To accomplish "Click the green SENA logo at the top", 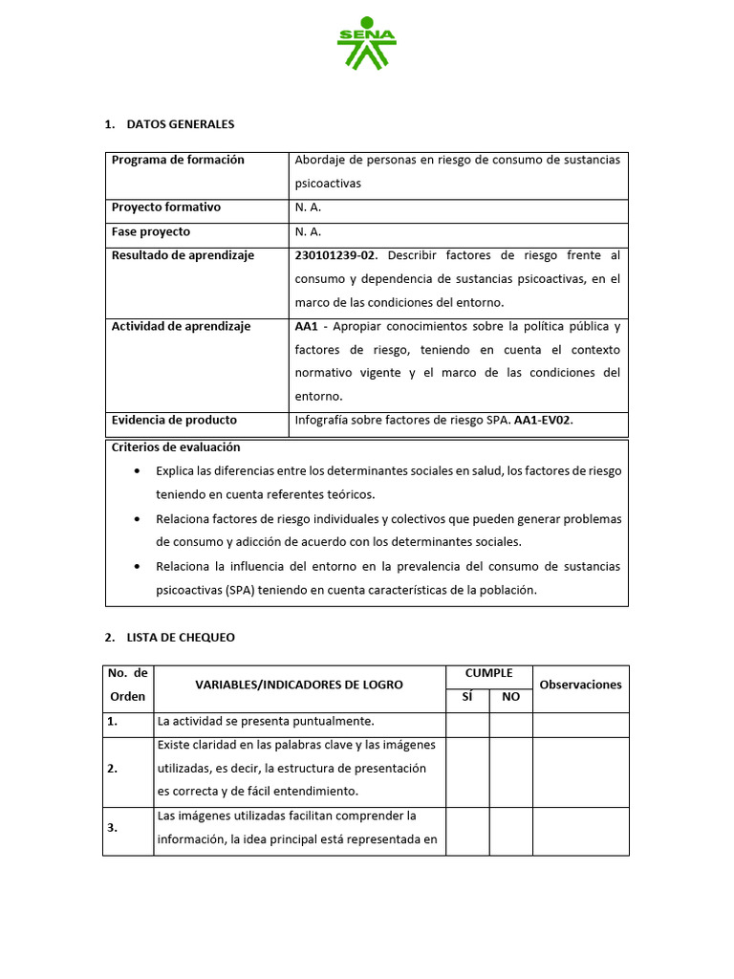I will coord(366,43).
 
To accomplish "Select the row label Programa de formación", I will coord(178,160).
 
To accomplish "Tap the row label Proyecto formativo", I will coord(166,207).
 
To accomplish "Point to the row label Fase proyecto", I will coord(151,231).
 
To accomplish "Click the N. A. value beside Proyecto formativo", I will coord(308,207).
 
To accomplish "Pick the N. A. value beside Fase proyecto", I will coord(308,231).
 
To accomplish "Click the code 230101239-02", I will coord(336,255).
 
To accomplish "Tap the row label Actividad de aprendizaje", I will coord(181,326).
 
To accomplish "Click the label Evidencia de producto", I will coord(174,420).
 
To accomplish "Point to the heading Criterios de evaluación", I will coord(176,446).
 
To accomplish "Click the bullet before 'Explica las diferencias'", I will coord(140,471).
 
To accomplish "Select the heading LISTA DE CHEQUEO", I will coord(181,637).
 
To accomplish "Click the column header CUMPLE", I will coord(488,673).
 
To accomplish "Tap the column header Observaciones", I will coord(580,685).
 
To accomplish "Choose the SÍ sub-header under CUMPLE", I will coord(467,697).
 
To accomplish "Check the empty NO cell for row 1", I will coord(510,725).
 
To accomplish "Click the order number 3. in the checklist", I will coord(114,828).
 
